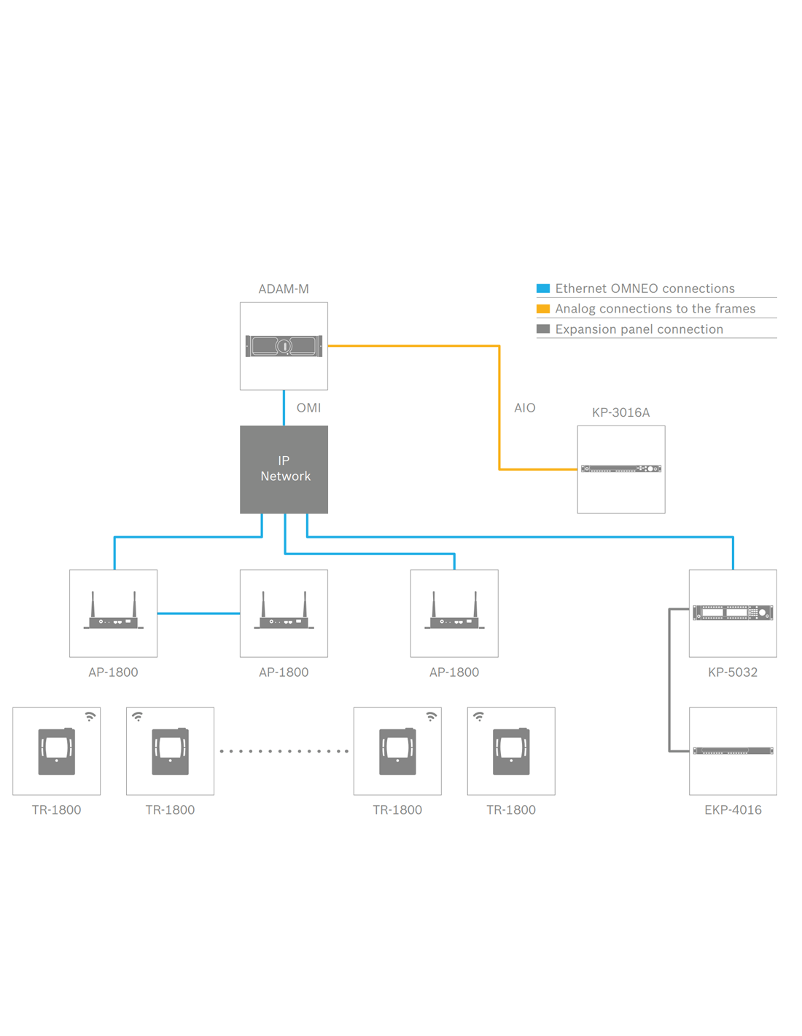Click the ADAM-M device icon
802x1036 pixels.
point(284,345)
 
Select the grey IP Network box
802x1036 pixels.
point(284,469)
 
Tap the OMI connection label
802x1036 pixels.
point(308,408)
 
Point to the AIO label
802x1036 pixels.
point(524,408)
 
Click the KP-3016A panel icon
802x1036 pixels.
point(620,469)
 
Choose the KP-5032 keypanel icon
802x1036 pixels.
point(732,613)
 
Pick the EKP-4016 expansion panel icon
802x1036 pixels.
point(732,750)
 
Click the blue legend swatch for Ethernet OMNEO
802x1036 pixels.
point(543,289)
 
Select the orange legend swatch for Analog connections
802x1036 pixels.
point(543,309)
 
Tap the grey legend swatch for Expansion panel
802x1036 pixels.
point(543,329)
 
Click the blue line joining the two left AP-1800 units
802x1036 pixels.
point(198,613)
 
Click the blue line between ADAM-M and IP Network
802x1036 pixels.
point(284,408)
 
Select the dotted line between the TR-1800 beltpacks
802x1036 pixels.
point(284,751)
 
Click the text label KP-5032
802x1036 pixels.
point(732,672)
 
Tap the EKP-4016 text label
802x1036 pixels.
point(732,810)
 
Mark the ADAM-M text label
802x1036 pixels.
point(284,289)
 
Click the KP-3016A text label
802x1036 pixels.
point(620,412)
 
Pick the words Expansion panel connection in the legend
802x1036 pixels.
point(639,329)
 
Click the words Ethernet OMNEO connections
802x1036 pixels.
point(645,289)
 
